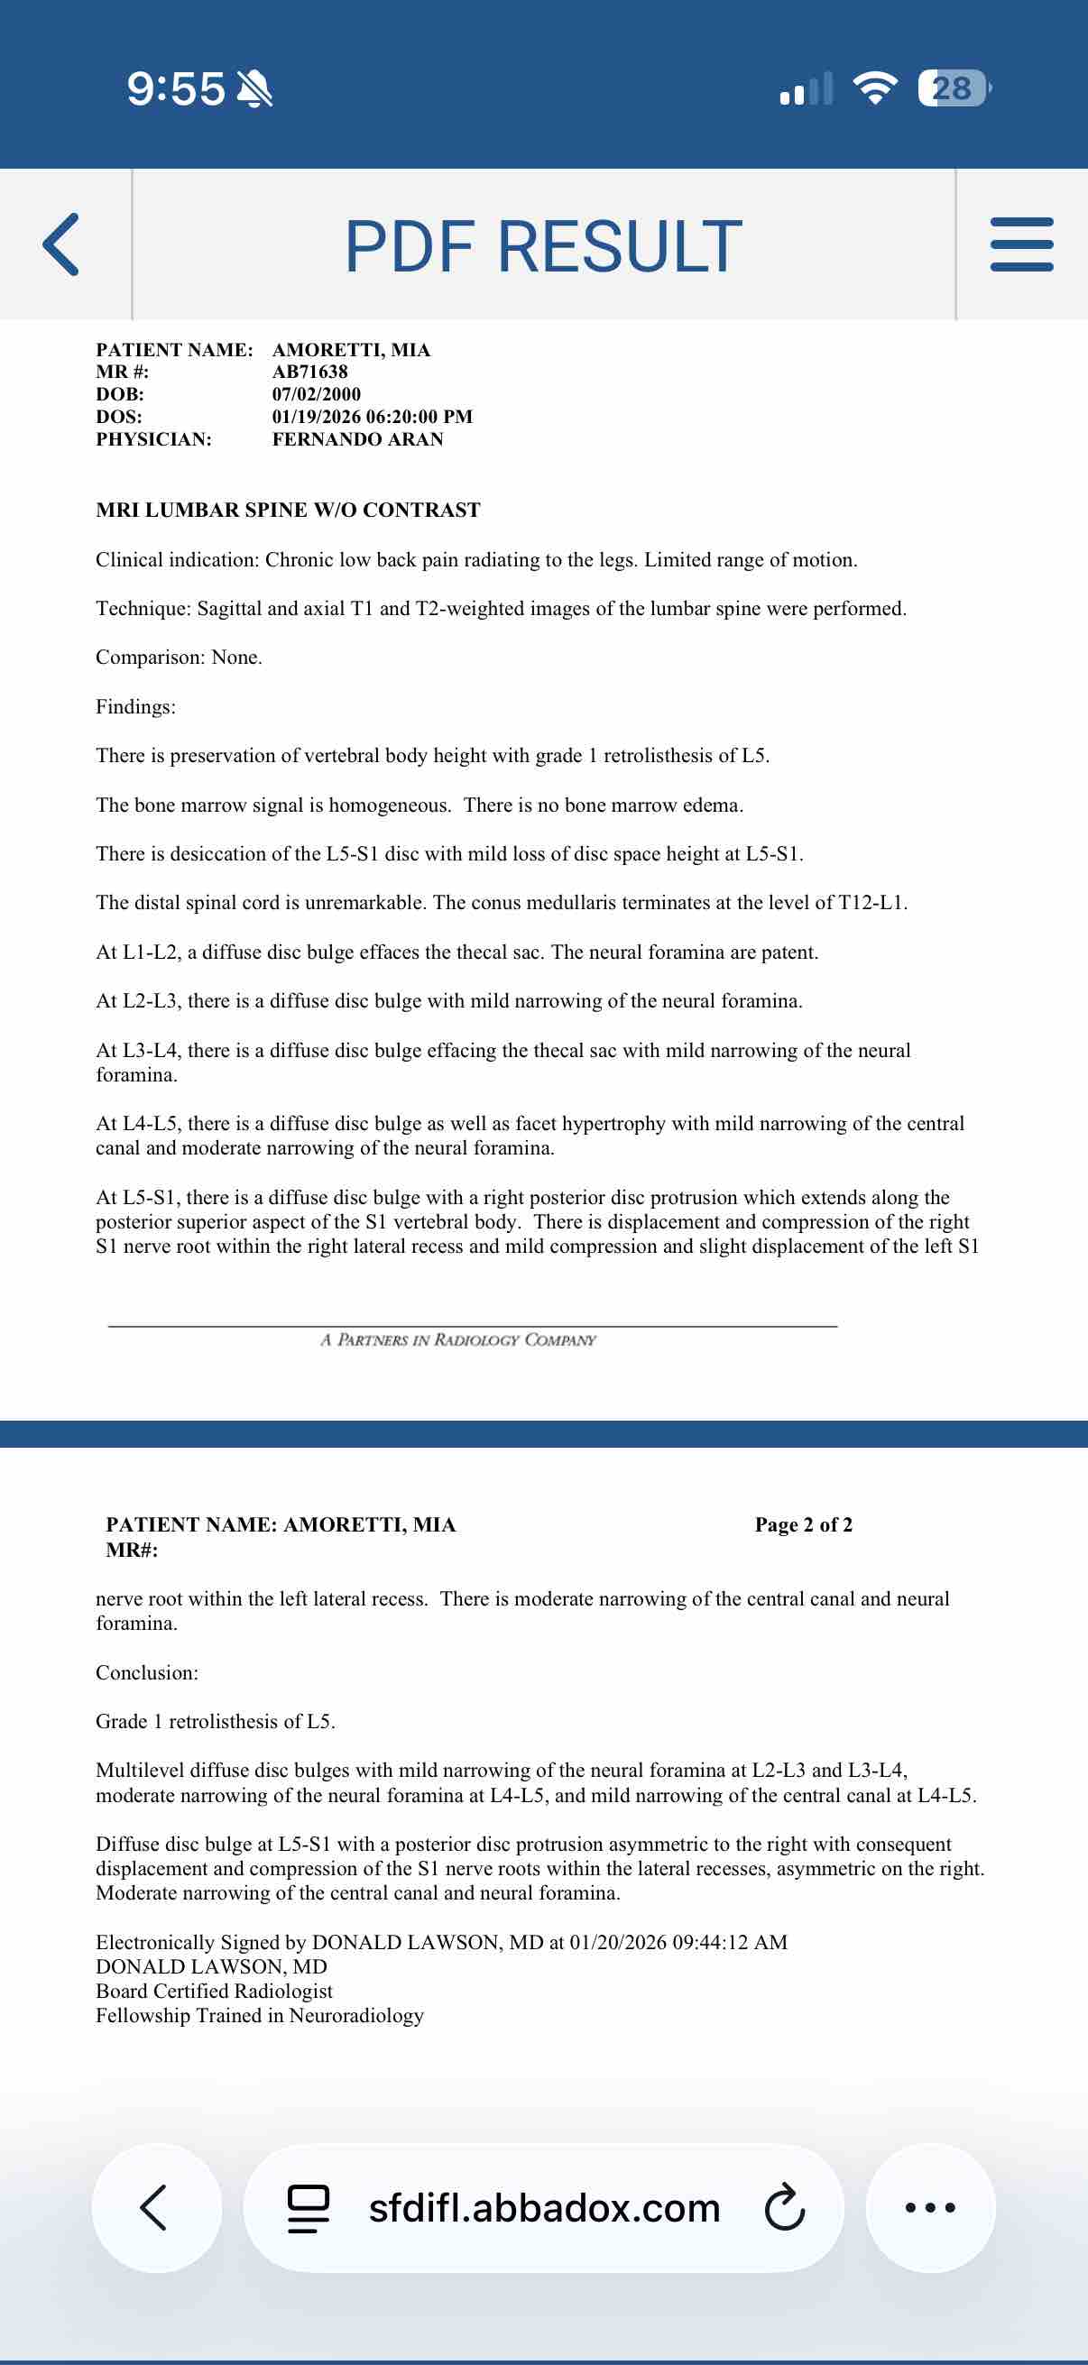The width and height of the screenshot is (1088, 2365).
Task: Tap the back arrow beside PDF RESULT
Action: pos(61,244)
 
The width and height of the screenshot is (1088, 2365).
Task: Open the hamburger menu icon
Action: pos(1021,244)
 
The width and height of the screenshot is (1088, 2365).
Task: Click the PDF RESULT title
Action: pos(543,246)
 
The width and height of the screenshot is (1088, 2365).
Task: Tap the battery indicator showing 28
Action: pos(953,88)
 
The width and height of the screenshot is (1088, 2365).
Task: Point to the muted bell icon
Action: pos(254,89)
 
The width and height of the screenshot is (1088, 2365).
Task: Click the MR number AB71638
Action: pos(309,372)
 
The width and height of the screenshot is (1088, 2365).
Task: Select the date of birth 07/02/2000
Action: pos(316,394)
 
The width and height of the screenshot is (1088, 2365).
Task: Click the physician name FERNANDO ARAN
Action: pos(357,439)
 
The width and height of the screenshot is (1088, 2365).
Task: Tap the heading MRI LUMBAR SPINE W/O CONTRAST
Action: pos(289,510)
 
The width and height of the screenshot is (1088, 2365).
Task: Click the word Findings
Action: pos(135,706)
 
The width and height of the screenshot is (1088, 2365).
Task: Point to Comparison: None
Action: pos(179,658)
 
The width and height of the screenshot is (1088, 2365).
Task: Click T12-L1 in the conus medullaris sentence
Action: pos(871,903)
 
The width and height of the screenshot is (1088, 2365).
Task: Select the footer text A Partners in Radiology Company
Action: pos(458,1339)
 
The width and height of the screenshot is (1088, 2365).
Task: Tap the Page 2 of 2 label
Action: pos(804,1525)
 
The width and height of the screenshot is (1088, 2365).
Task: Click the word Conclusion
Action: pos(147,1673)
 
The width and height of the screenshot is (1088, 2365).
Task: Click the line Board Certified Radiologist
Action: pos(214,1991)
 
